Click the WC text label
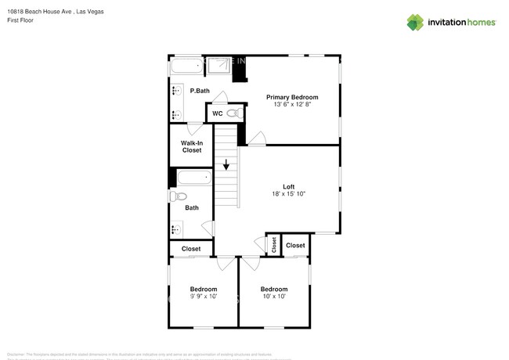click(x=218, y=114)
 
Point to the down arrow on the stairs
click(x=226, y=165)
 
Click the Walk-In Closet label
click(x=192, y=146)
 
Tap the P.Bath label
click(x=200, y=91)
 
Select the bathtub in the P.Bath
click(x=187, y=68)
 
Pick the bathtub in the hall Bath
click(x=193, y=178)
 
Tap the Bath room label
click(x=192, y=208)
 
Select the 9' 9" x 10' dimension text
click(x=203, y=297)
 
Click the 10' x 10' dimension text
click(x=274, y=297)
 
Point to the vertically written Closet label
click(x=274, y=245)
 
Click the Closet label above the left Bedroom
click(x=191, y=249)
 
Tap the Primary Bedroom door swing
click(x=256, y=139)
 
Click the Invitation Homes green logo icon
click(x=415, y=22)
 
